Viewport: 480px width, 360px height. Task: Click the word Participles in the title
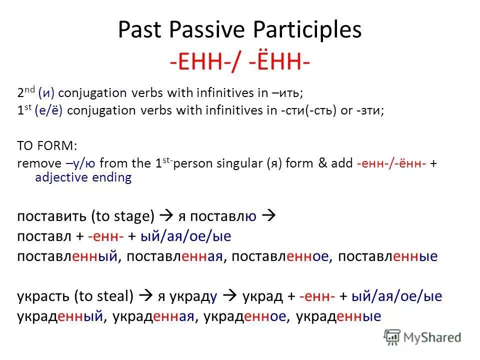(307, 30)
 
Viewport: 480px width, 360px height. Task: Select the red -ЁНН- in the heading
(280, 61)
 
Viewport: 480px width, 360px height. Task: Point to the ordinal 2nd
(26, 92)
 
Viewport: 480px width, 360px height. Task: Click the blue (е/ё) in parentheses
(48, 110)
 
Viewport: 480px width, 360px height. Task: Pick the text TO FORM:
(47, 145)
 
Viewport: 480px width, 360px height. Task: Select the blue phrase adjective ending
(83, 177)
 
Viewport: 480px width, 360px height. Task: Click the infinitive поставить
(51, 216)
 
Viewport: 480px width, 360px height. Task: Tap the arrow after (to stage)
(166, 215)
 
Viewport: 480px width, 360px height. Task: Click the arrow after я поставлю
(269, 215)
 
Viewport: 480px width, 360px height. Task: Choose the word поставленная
(174, 256)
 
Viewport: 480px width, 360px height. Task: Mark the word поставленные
(388, 256)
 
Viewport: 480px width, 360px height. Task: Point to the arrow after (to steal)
(145, 295)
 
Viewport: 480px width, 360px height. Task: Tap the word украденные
(338, 316)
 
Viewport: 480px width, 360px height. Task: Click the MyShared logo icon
(392, 337)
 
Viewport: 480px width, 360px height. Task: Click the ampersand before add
(322, 163)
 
